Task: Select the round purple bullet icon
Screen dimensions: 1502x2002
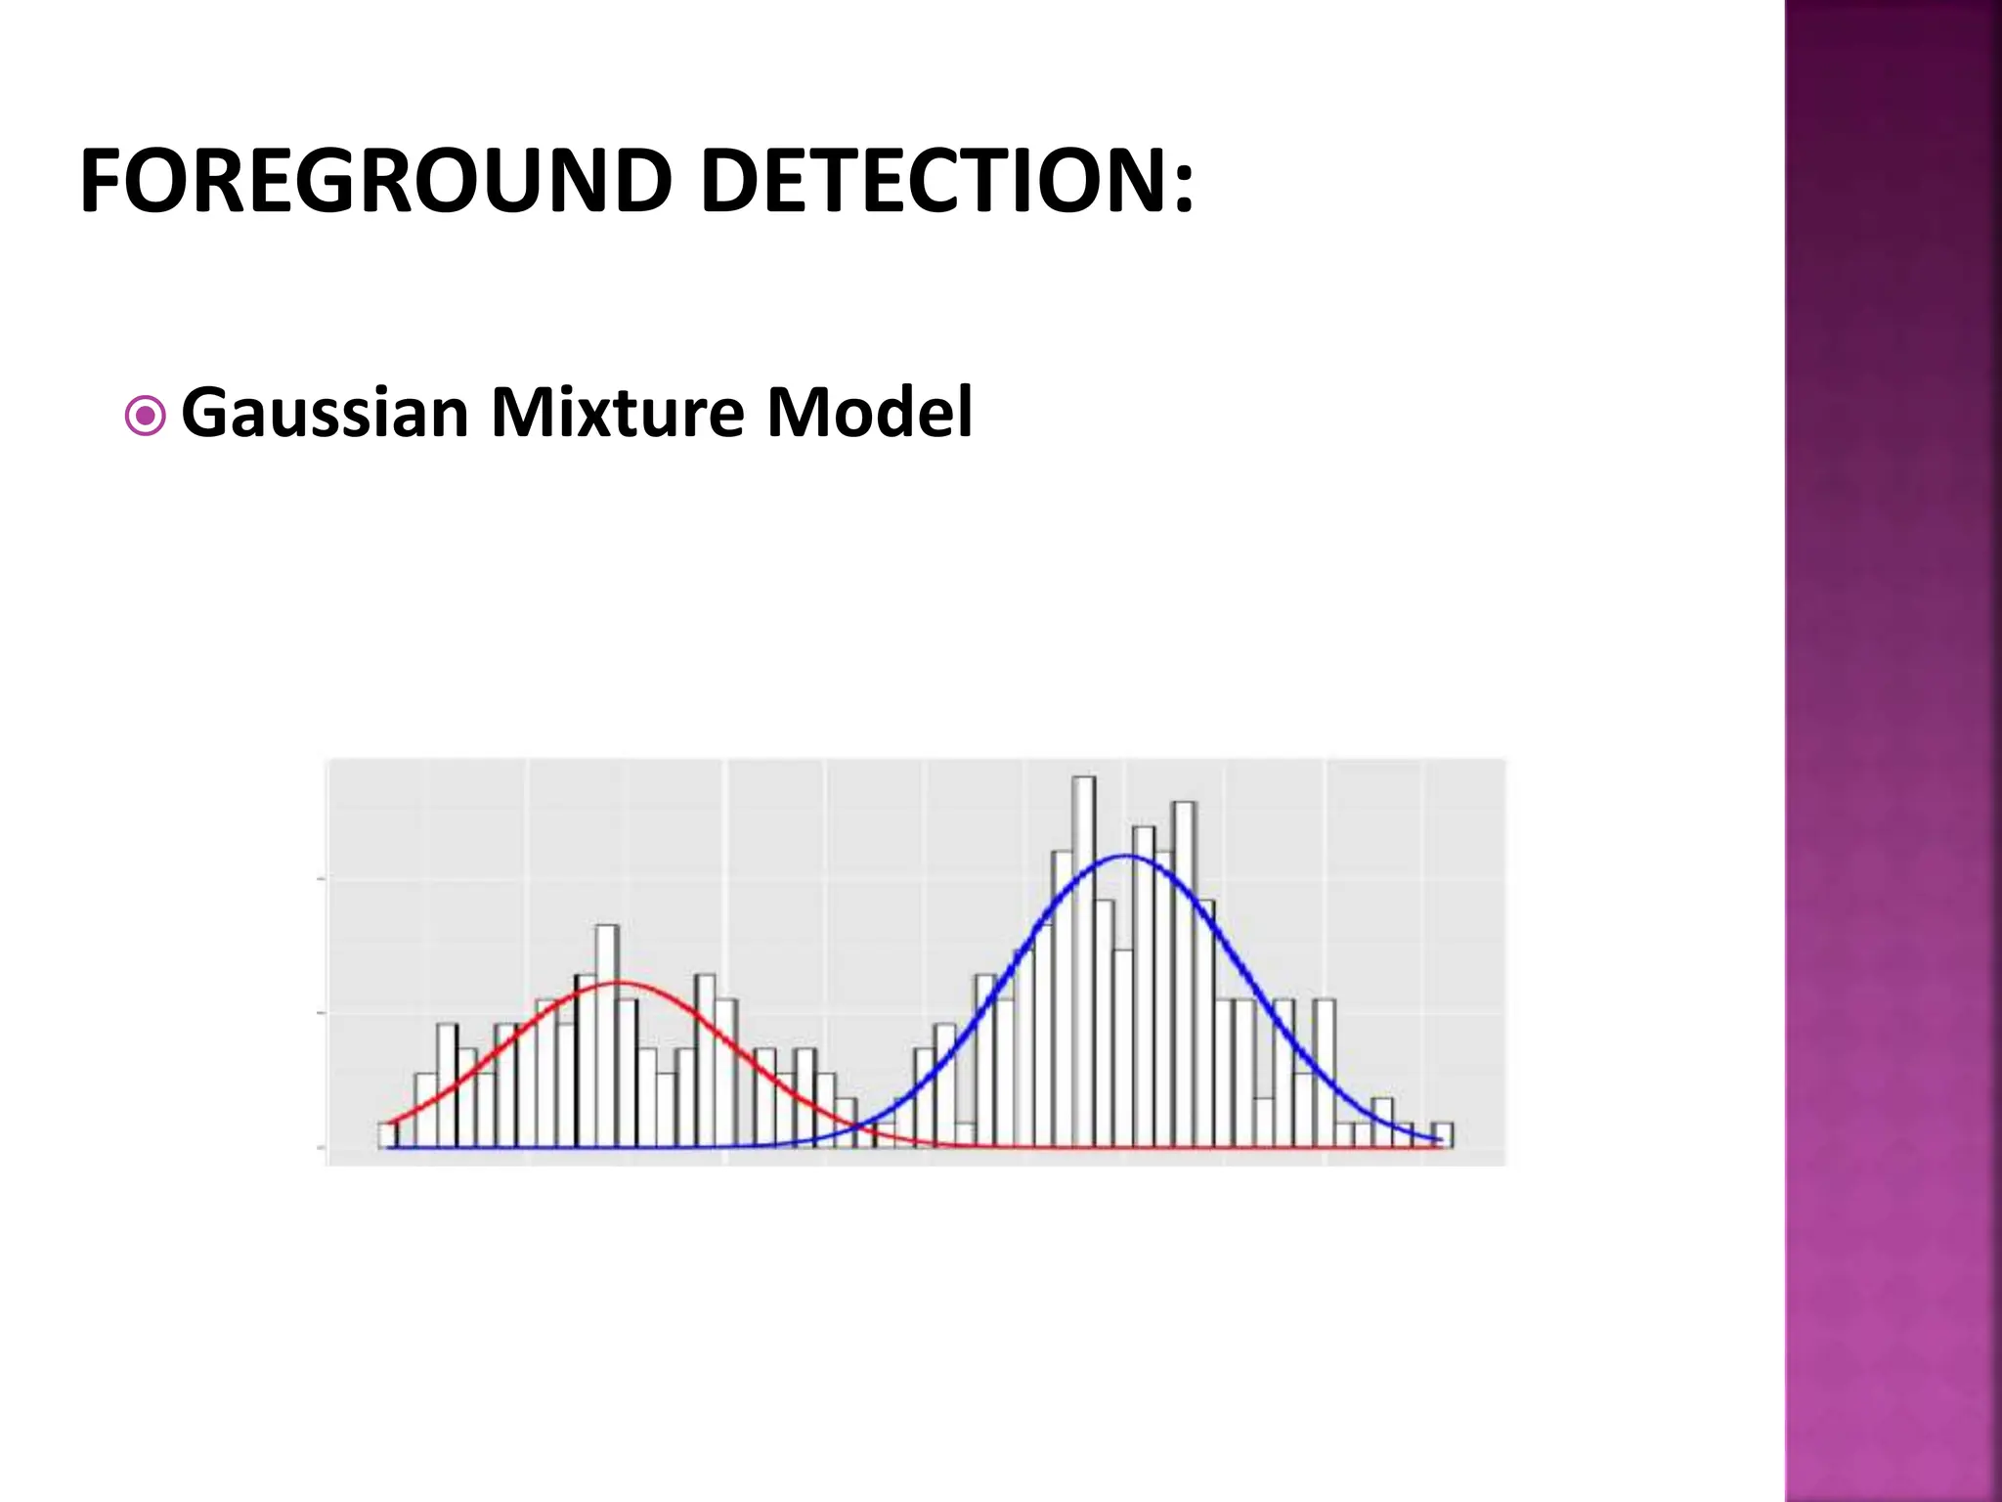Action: pyautogui.click(x=146, y=418)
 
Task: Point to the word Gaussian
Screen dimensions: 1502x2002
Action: pyautogui.click(x=326, y=413)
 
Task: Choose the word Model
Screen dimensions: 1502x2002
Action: pyautogui.click(x=869, y=413)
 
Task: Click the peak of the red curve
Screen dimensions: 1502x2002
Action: pyautogui.click(x=618, y=982)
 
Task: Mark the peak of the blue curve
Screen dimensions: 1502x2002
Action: pyautogui.click(x=1126, y=857)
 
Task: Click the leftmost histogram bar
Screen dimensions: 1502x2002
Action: pyautogui.click(x=387, y=1134)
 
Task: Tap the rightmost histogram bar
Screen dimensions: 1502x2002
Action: pyautogui.click(x=1443, y=1134)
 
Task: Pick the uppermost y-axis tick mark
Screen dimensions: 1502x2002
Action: pyautogui.click(x=321, y=879)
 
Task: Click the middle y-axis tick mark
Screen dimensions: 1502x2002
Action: pyautogui.click(x=321, y=1013)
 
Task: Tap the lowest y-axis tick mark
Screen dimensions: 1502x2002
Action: pyautogui.click(x=321, y=1147)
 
